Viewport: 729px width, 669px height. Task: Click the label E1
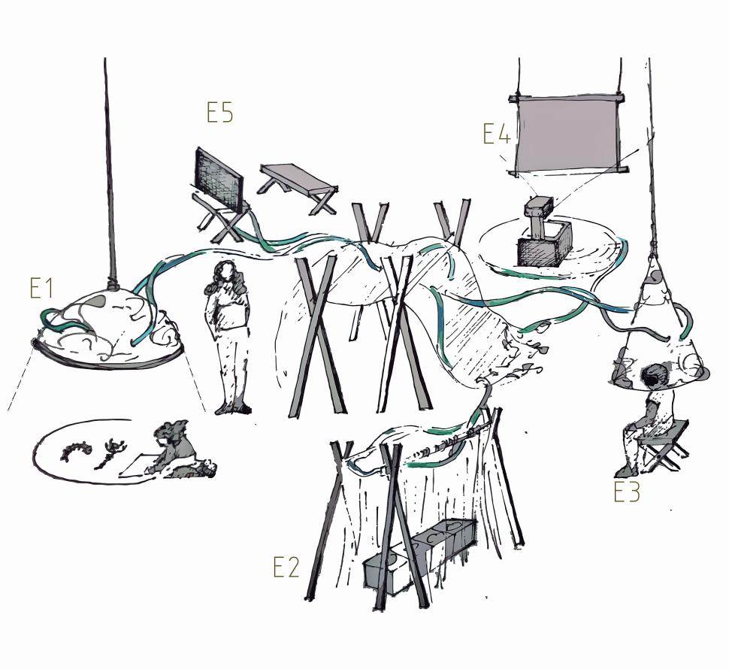coord(41,289)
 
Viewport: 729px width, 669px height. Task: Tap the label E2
coord(286,568)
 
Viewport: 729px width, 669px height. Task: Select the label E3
coord(627,492)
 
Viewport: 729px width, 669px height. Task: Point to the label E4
coord(497,134)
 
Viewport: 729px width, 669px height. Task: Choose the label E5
coord(219,112)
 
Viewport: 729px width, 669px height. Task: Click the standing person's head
coord(225,274)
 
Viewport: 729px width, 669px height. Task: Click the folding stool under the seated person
coord(663,444)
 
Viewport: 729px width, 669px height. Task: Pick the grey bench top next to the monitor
coord(298,179)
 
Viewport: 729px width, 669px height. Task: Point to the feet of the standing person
coord(232,410)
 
